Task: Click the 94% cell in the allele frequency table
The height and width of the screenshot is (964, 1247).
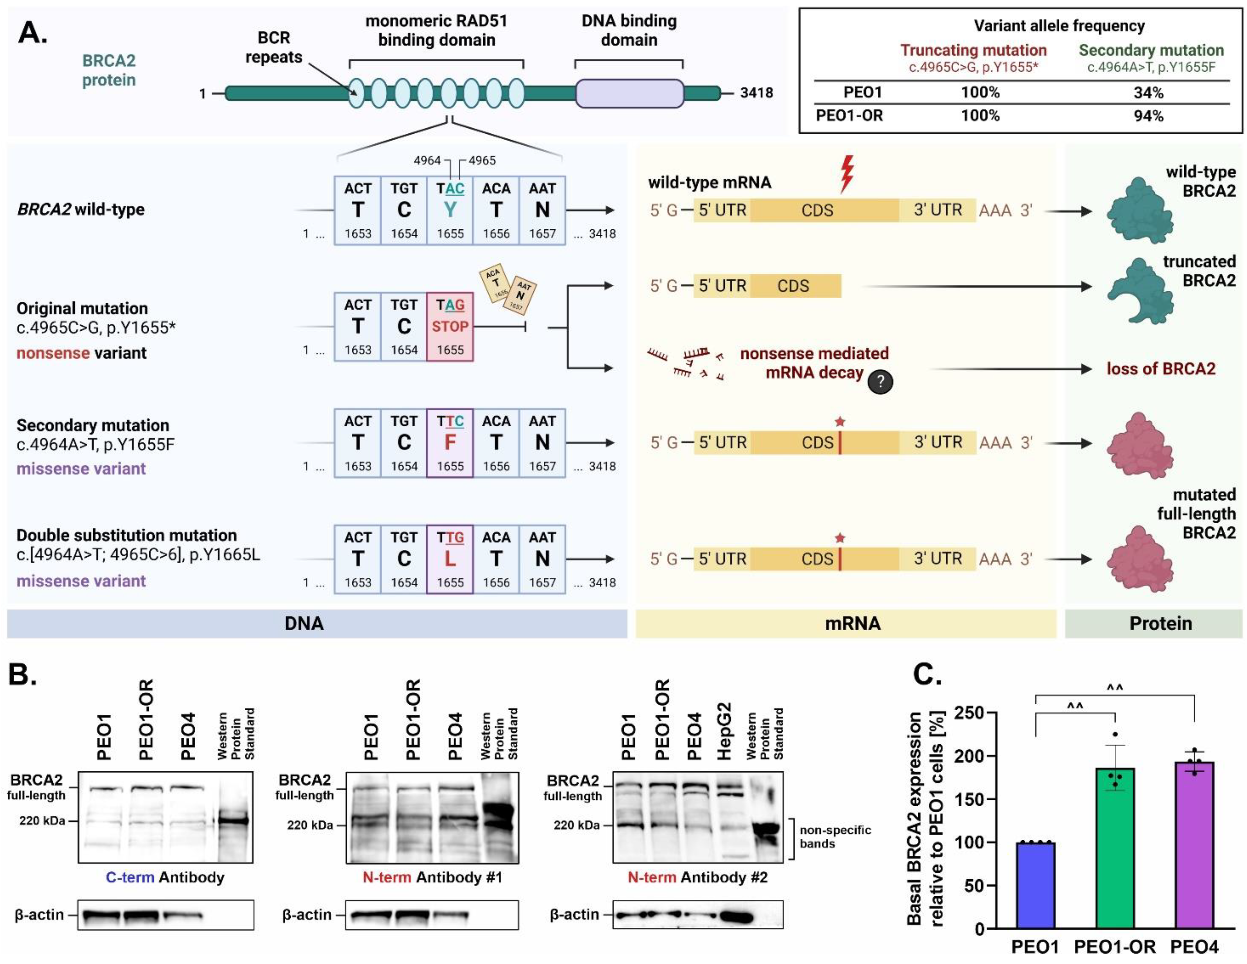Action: [x=1148, y=116]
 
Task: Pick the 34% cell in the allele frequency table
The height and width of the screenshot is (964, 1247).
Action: [x=1148, y=93]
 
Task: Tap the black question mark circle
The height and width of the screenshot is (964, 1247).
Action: [x=880, y=381]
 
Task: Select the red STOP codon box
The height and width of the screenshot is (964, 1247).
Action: [x=450, y=326]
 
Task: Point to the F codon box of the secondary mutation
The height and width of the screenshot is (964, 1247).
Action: [x=450, y=443]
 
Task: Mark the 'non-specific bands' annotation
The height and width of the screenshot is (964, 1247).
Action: [x=835, y=837]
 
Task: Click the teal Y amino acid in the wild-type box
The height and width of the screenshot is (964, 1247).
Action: [x=450, y=210]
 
